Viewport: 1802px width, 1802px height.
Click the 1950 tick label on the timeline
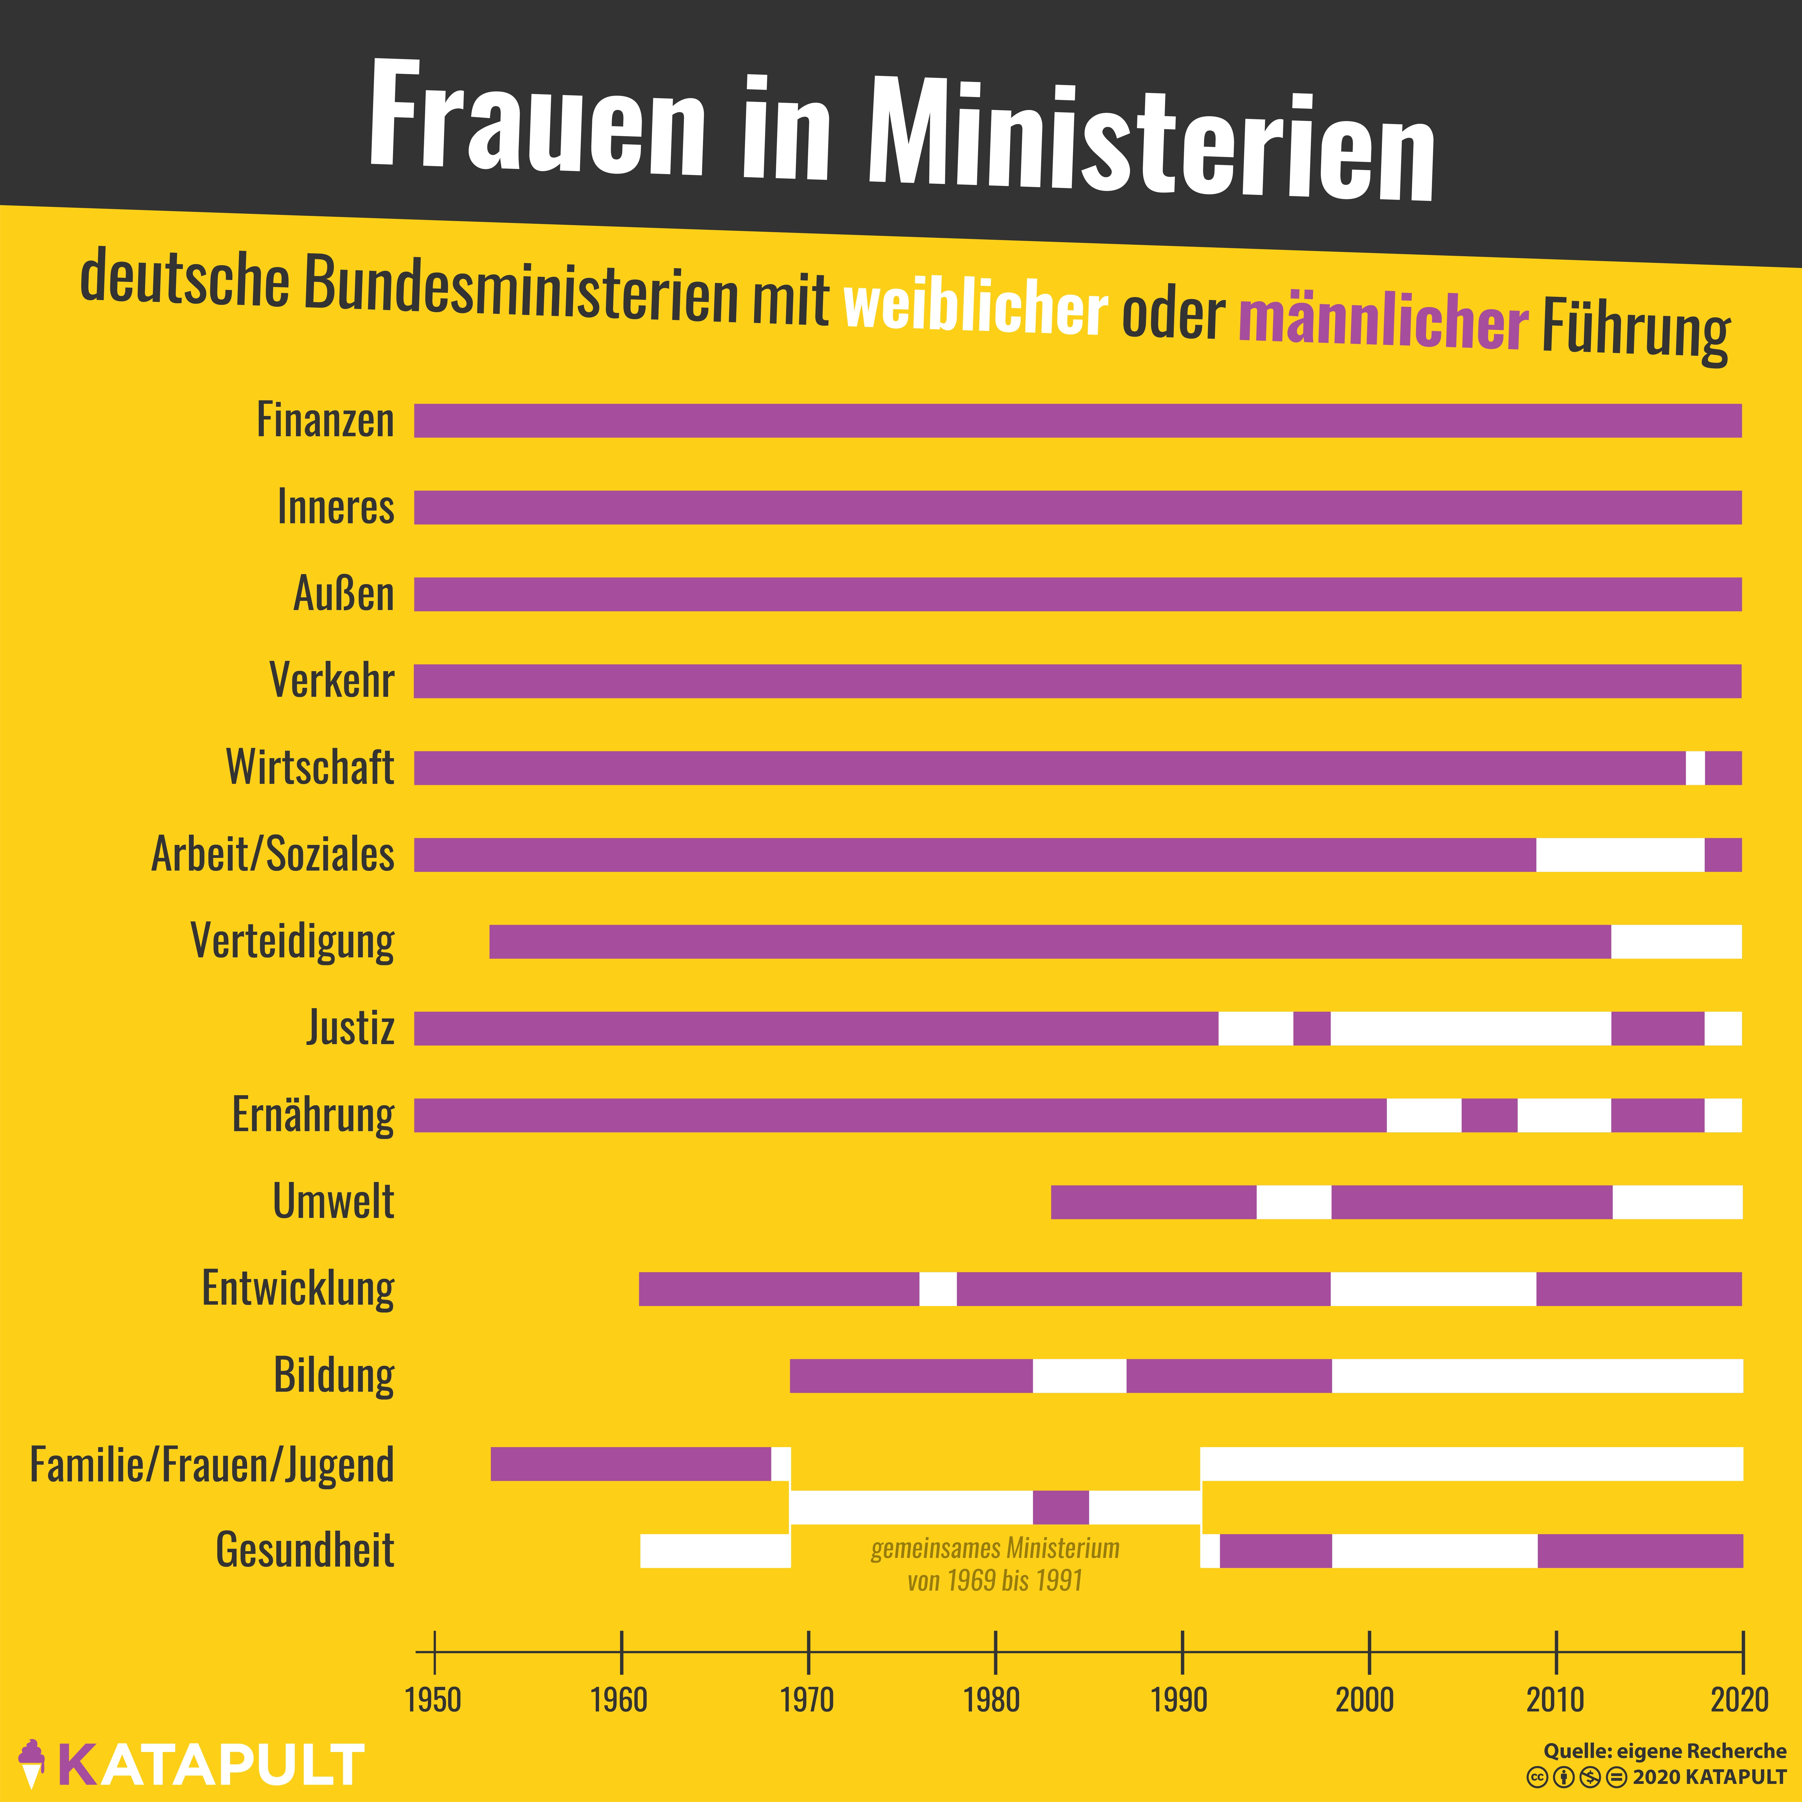point(433,1700)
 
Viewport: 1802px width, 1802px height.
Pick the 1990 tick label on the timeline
point(1179,1700)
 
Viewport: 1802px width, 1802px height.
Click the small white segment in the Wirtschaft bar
point(1695,768)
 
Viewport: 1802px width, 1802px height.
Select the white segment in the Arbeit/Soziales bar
point(1620,854)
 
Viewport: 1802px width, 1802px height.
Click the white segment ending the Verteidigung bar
point(1676,941)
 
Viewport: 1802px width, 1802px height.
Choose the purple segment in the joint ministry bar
point(1061,1507)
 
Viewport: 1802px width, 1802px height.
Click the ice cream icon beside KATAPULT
point(32,1763)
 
